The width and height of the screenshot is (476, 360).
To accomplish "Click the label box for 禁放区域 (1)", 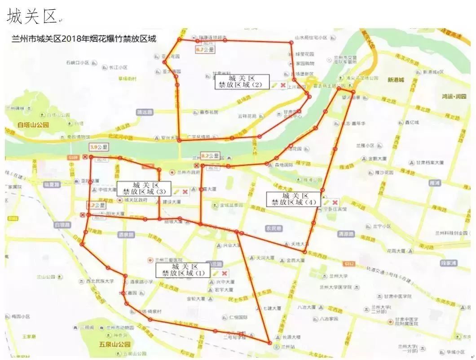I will pos(183,270).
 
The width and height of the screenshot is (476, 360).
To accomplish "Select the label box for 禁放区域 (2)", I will pos(242,81).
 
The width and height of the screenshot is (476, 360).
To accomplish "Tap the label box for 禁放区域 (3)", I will pos(144,188).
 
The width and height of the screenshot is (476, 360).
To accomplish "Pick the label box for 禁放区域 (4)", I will pos(294,199).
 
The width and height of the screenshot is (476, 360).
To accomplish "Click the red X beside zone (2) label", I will pos(283,85).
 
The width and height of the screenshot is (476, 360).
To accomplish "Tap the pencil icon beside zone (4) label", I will pos(326,203).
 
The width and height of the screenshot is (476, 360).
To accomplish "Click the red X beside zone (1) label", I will pos(224,273).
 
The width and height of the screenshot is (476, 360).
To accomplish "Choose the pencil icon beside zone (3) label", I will pos(176,191).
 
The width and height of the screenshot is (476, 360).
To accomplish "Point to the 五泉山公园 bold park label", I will pos(115,345).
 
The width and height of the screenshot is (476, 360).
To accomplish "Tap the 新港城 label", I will pos(396,80).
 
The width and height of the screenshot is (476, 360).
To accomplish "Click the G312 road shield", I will pos(349,263).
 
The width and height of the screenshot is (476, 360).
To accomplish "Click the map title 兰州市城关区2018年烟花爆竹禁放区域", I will pos(84,39).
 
